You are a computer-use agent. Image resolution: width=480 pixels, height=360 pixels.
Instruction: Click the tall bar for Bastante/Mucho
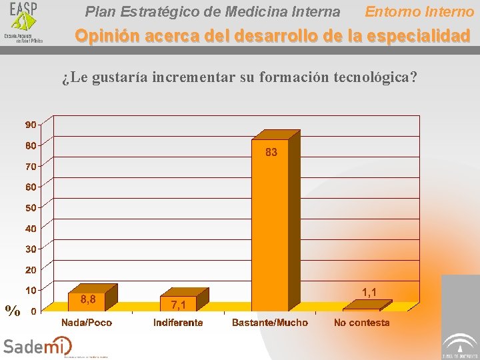tap(270, 227)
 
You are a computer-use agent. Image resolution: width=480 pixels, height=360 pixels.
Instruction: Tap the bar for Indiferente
tap(179, 303)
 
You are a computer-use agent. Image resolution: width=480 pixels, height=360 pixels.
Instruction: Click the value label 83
tap(271, 153)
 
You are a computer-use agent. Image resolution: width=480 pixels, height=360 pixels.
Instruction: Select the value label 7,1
tap(179, 305)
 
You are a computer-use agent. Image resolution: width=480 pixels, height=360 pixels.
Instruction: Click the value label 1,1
tap(369, 292)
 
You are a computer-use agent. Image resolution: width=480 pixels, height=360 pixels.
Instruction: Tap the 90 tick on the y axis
tap(31, 125)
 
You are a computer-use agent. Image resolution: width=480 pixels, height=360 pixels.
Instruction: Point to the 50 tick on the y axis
tap(31, 207)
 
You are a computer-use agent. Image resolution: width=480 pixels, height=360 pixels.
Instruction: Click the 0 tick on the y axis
tap(33, 311)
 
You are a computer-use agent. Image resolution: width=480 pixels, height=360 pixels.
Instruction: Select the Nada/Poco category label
tap(87, 323)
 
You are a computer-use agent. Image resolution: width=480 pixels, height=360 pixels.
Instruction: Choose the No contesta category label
tap(361, 323)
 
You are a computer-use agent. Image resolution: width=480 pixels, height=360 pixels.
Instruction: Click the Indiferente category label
tap(178, 323)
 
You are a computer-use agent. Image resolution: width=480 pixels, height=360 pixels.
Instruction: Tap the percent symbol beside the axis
tap(12, 310)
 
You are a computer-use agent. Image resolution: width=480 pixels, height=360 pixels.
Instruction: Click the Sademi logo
tap(37, 345)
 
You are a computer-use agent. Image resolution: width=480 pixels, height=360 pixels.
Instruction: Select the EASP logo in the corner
tap(23, 22)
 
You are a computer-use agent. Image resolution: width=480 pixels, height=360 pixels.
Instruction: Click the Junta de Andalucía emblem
tap(461, 343)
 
